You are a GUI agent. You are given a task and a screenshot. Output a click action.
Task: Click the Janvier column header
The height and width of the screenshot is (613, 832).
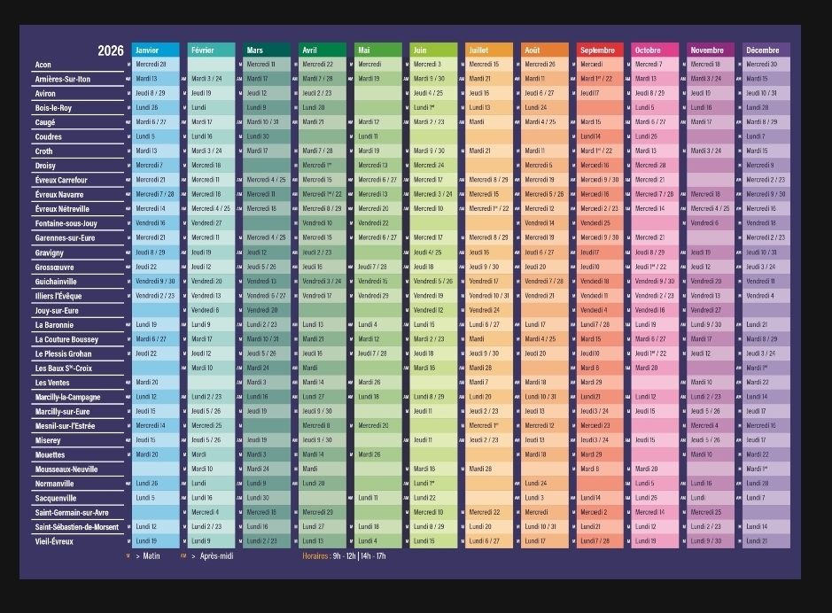point(155,50)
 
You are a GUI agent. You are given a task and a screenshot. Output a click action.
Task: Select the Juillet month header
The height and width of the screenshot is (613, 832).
point(489,50)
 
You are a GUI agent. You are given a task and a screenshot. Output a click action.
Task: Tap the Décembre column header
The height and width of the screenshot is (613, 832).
point(766,50)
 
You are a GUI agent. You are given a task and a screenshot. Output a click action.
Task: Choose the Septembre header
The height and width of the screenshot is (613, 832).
point(600,50)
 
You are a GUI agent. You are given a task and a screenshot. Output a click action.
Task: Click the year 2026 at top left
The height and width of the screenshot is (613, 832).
point(111,50)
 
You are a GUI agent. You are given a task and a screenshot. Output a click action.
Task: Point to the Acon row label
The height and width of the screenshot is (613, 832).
point(43,65)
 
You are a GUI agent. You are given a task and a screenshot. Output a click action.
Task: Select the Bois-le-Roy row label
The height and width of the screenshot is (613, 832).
point(53,108)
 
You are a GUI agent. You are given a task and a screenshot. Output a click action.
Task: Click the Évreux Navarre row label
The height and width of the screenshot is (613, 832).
point(59,195)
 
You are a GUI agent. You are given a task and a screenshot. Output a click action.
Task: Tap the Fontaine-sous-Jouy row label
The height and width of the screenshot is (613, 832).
point(66,223)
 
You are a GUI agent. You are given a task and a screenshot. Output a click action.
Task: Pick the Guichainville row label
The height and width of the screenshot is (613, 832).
point(56,282)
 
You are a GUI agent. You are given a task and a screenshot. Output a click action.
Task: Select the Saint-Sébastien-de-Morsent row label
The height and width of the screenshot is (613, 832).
point(76,527)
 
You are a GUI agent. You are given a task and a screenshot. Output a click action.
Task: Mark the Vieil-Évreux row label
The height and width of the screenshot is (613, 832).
point(55,541)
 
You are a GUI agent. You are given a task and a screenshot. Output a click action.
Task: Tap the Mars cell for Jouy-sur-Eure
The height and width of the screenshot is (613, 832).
point(267,310)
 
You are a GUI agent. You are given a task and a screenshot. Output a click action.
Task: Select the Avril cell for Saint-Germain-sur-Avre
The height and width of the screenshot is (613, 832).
point(323,512)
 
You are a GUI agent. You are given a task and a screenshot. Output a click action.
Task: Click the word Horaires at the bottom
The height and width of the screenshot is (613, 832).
point(315,556)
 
